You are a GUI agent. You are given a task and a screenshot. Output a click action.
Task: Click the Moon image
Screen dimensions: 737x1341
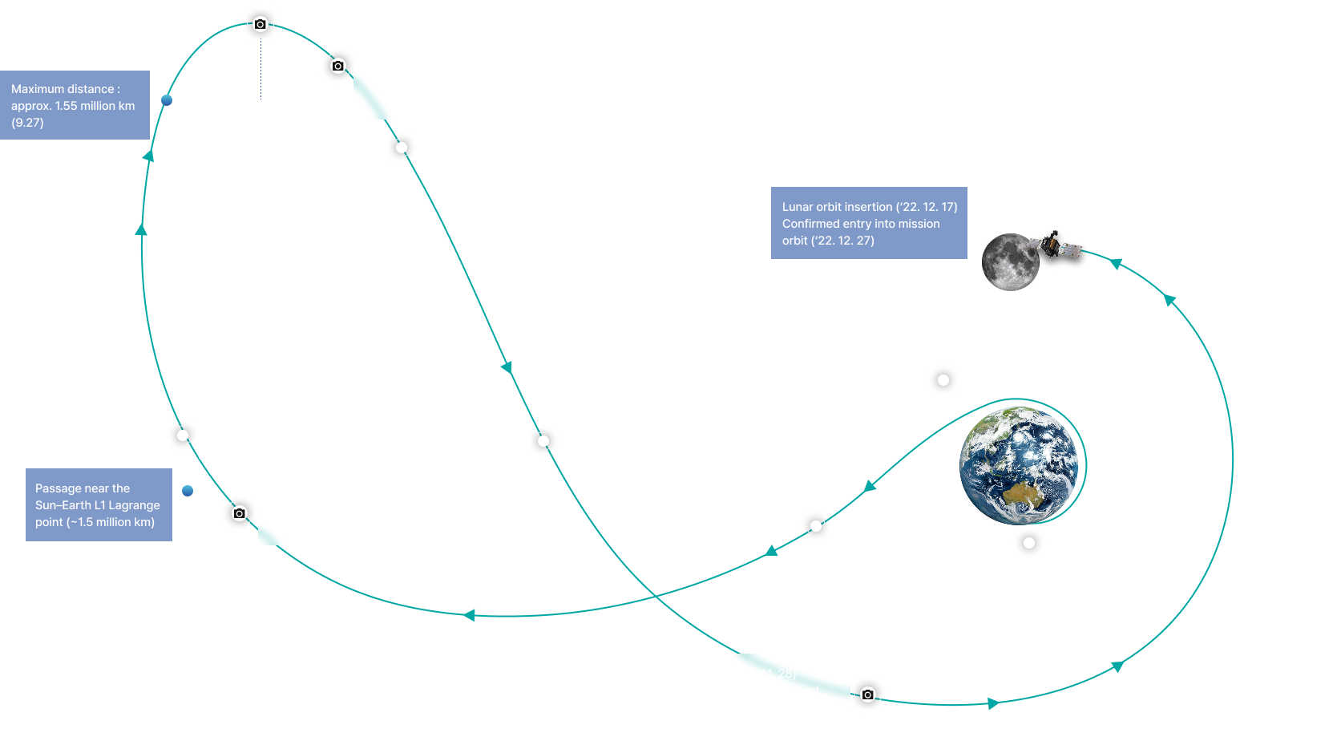[1010, 261]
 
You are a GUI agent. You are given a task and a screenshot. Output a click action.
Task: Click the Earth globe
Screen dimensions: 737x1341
[1019, 465]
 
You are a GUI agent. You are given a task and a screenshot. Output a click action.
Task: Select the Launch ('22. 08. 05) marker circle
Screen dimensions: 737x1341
[1029, 543]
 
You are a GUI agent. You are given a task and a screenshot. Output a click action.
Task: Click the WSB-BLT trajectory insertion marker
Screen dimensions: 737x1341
[943, 380]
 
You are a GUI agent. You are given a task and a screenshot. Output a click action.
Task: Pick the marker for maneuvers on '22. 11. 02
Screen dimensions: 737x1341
[402, 148]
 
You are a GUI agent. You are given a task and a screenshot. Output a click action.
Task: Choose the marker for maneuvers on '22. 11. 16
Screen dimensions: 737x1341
[543, 441]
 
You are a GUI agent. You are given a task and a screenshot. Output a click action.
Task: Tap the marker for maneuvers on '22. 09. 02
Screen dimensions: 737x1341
[183, 435]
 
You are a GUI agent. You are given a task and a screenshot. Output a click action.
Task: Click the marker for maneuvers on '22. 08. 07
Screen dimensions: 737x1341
[815, 526]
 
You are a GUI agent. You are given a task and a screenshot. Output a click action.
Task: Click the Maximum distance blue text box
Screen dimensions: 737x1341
[75, 105]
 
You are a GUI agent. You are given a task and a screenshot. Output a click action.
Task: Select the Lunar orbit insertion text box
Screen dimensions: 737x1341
[869, 223]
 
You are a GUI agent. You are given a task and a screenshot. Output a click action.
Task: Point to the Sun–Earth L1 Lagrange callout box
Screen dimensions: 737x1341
[99, 504]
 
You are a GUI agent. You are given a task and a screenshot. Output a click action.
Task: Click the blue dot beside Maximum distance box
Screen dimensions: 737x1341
[167, 100]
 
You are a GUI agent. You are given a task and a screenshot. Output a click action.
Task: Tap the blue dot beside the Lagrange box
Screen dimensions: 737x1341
[188, 491]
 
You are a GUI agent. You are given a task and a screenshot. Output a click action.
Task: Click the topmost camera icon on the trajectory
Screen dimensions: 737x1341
[260, 24]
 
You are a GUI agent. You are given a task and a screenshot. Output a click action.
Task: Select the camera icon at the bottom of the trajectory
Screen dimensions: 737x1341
[868, 694]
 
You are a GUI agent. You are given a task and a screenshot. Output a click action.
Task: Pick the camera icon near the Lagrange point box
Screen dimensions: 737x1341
[239, 513]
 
